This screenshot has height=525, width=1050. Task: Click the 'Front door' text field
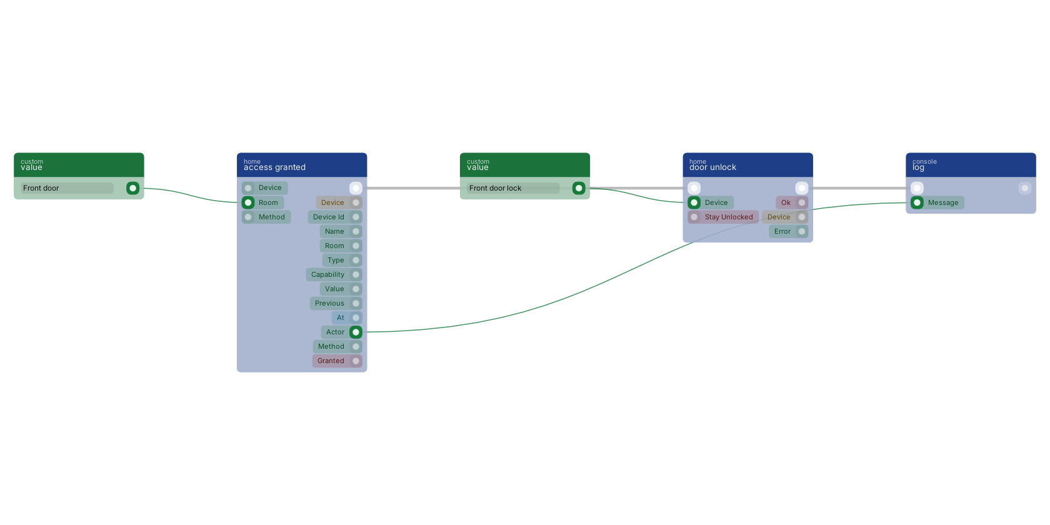point(67,188)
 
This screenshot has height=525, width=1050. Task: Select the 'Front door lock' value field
point(512,188)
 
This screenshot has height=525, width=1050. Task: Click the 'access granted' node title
point(274,167)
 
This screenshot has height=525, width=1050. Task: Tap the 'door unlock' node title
point(712,167)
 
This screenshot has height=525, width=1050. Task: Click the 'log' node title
point(918,167)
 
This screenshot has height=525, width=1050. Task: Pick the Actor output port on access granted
point(356,332)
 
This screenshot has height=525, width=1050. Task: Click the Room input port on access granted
point(248,202)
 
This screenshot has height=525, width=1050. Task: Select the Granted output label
point(331,361)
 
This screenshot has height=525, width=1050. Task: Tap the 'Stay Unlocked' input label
point(729,217)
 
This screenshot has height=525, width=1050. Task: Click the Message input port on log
point(917,202)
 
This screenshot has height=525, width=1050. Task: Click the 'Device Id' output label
point(328,217)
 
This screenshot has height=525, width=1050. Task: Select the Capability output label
point(327,275)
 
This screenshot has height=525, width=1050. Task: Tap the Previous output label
point(329,303)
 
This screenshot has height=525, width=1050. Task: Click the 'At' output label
point(340,317)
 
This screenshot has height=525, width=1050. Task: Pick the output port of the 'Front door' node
point(132,188)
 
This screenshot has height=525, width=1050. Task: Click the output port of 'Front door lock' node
point(579,188)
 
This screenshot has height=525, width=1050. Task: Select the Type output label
point(336,260)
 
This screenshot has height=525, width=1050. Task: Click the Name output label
point(334,231)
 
